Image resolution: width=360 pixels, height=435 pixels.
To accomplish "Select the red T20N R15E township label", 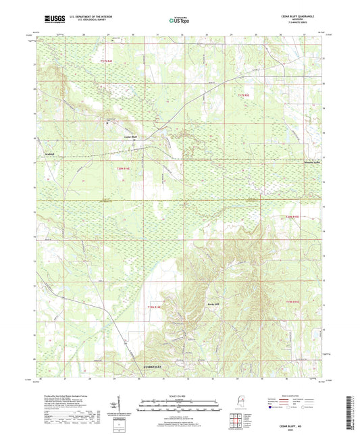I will click(288, 216).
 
